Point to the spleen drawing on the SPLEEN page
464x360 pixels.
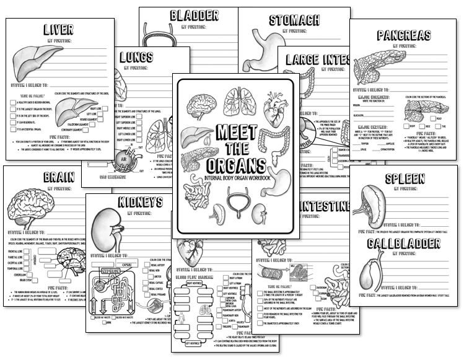(x=374, y=204)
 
